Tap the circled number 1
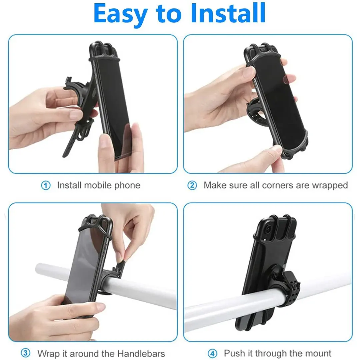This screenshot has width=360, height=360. click(46, 185)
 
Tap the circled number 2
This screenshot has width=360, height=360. click(192, 185)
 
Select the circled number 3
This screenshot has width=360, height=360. click(25, 353)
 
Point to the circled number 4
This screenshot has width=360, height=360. click(212, 353)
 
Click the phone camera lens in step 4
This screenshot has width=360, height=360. click(268, 229)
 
